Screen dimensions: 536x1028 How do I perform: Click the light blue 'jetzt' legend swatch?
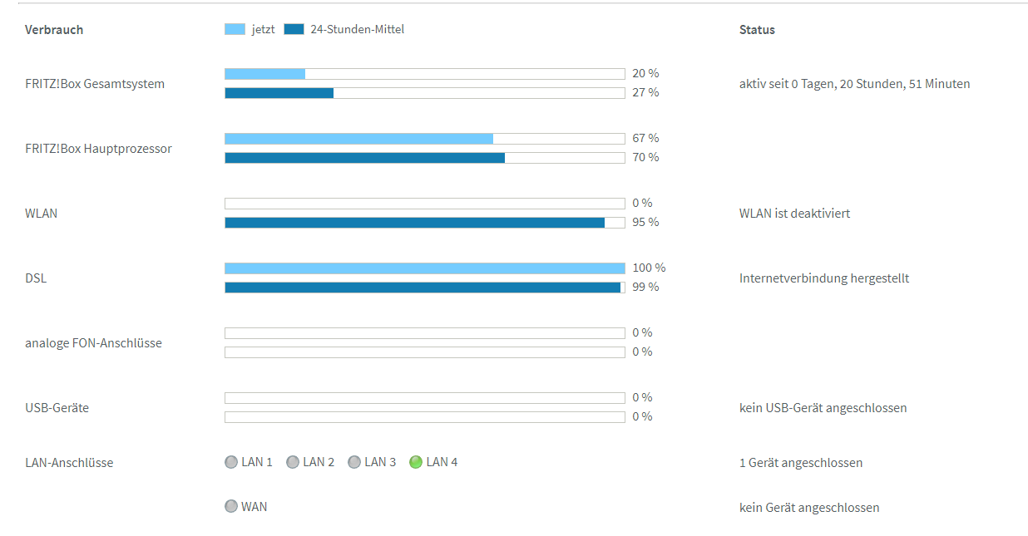tap(235, 29)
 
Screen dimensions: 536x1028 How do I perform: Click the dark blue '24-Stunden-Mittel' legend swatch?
tap(294, 29)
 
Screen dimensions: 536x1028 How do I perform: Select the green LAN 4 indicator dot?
tap(416, 462)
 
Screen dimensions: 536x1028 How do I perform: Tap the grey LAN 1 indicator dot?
tap(231, 462)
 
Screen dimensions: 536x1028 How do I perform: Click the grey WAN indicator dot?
tap(231, 506)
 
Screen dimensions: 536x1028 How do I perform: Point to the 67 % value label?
tap(645, 138)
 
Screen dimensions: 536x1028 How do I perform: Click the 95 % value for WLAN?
tap(645, 222)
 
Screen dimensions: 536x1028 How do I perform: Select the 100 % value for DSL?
tap(649, 268)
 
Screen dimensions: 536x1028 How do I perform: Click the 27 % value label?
tap(645, 92)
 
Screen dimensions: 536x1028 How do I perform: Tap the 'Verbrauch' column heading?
tap(54, 30)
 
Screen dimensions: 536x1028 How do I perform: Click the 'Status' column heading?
tap(757, 30)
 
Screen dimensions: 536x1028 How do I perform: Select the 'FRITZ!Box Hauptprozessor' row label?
tap(98, 149)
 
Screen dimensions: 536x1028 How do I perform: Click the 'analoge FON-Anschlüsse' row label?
tap(93, 343)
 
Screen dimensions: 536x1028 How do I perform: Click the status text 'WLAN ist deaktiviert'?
tap(794, 214)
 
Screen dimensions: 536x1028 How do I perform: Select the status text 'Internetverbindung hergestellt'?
tap(823, 278)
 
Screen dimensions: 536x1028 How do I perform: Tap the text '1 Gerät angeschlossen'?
tap(800, 463)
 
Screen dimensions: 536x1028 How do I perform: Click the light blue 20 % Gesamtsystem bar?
tap(265, 73)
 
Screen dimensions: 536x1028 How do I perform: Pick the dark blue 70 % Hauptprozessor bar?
tap(364, 158)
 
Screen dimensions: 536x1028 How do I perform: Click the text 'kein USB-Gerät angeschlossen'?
tap(823, 408)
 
